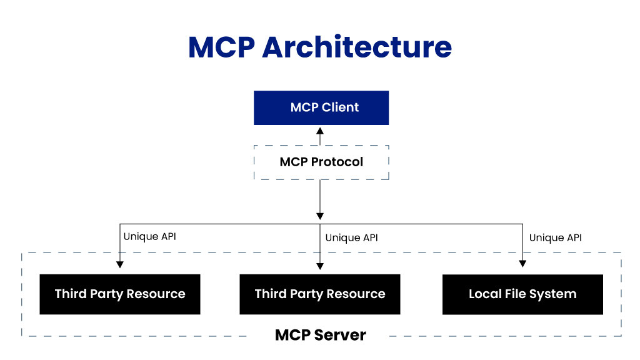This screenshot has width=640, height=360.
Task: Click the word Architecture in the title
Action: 357,47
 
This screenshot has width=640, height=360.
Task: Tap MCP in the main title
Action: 222,47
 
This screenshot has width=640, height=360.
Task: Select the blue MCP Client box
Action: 321,107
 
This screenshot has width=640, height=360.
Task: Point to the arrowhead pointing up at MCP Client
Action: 320,131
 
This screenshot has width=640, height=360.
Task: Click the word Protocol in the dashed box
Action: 337,162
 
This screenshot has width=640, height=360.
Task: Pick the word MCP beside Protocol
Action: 294,162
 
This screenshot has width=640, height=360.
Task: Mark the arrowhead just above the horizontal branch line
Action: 320,216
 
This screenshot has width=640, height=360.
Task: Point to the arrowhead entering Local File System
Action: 522,264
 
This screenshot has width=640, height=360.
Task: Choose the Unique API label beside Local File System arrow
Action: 556,238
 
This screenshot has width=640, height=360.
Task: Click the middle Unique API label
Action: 351,238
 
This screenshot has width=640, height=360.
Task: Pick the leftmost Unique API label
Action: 150,237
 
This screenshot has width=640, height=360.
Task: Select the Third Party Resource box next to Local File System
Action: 320,294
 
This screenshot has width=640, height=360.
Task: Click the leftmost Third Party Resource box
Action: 120,294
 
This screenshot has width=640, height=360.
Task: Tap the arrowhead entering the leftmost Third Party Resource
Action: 120,264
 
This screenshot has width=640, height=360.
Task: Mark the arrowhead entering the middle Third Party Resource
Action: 320,266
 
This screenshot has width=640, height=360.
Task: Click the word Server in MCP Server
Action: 341,335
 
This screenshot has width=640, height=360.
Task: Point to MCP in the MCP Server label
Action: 293,335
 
